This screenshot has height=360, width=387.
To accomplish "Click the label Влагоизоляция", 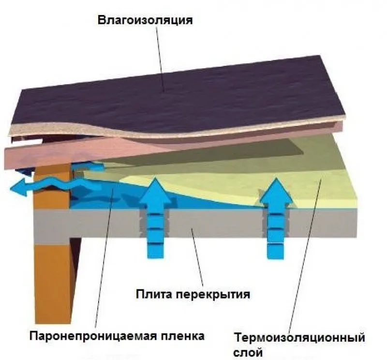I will click(x=145, y=20).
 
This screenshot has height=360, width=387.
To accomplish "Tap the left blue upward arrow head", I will click(x=156, y=188).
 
